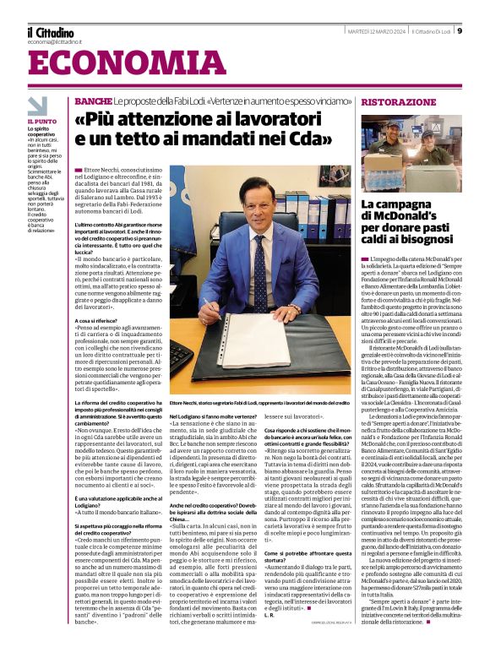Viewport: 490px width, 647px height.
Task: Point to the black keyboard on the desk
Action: (x=182, y=359)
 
